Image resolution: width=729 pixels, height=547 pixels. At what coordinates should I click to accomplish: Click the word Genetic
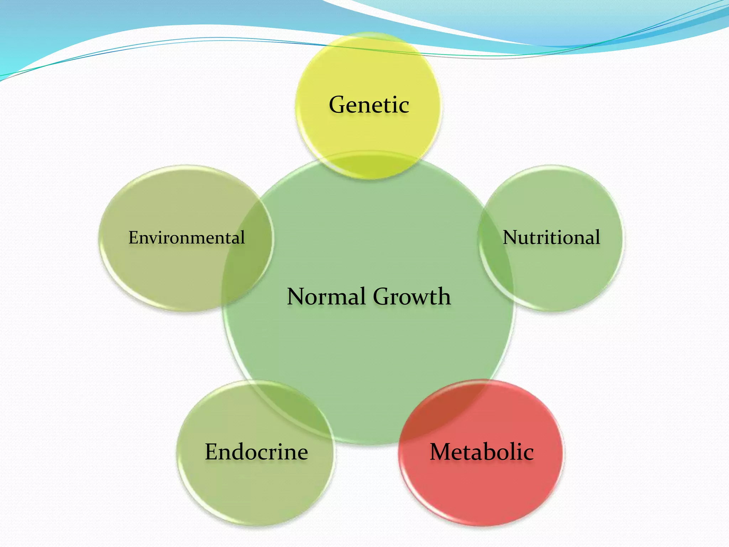pos(369,105)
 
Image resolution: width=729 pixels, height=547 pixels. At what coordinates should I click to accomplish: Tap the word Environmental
pos(187,238)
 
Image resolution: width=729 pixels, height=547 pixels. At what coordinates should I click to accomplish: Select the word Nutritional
pos(551,237)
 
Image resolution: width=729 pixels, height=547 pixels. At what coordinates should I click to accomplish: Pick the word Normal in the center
pos(326,296)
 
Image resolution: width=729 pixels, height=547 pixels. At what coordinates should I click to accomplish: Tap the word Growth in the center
pos(412,296)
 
